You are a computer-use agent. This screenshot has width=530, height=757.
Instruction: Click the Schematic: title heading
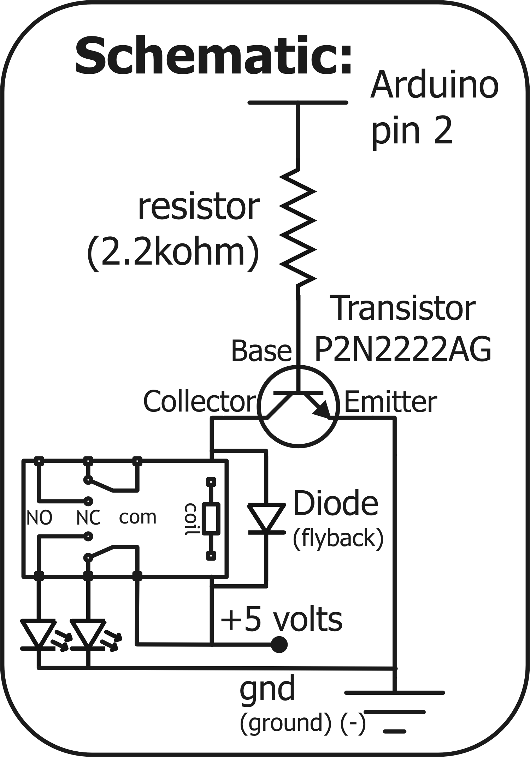tap(213, 57)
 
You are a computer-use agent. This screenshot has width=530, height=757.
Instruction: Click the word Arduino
tap(434, 85)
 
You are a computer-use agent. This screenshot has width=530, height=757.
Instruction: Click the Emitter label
tap(390, 402)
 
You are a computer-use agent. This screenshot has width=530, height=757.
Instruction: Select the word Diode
tap(335, 503)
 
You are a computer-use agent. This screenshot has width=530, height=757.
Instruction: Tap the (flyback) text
tap(338, 538)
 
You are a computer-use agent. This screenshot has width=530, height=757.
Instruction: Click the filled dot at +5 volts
tap(279, 644)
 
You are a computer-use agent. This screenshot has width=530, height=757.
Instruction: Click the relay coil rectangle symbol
tap(211, 519)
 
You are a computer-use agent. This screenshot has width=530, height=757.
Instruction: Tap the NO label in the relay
tap(40, 518)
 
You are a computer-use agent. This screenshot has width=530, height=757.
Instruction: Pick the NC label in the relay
tap(88, 518)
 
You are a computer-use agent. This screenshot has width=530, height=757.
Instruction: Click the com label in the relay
tap(137, 518)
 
